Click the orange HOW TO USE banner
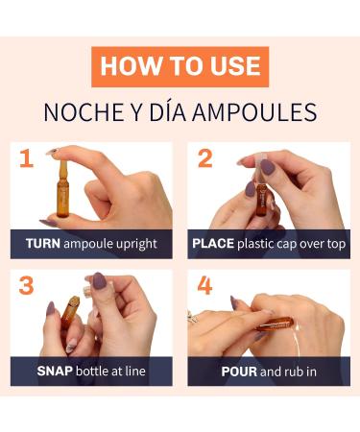[x=180, y=66]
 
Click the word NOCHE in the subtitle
[x=84, y=112]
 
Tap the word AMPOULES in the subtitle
[x=254, y=112]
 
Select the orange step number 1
[x=27, y=158]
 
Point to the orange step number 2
[x=205, y=158]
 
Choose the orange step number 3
[x=26, y=285]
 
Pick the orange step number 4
[x=204, y=285]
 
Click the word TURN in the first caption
[x=43, y=244]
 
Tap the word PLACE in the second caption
[x=213, y=244]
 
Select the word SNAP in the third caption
[x=55, y=372]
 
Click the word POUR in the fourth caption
[x=239, y=372]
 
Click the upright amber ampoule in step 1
[x=62, y=189]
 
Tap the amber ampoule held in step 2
[x=261, y=199]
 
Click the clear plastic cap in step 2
[x=259, y=169]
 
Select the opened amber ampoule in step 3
[x=69, y=311]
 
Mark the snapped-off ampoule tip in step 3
[x=87, y=291]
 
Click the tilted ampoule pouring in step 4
[x=275, y=324]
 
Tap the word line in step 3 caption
[x=135, y=372]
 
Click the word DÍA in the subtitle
[x=169, y=111]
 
